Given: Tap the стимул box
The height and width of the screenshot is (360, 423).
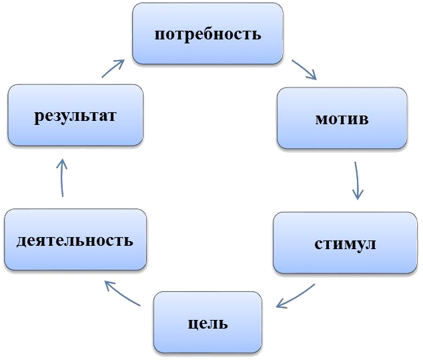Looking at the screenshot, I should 345,243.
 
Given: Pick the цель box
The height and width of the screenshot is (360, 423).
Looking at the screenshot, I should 207,324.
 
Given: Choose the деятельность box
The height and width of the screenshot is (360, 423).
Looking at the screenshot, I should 75,240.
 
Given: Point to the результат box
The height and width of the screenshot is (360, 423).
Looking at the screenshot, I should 75,116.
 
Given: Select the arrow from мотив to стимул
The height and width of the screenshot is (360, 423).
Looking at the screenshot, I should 358,180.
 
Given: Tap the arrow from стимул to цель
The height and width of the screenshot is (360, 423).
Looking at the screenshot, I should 295,297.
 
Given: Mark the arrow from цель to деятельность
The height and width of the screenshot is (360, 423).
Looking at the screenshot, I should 123,294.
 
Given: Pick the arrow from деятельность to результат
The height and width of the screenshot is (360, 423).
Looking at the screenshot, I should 62,177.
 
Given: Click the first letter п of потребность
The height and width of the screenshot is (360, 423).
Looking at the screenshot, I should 159,35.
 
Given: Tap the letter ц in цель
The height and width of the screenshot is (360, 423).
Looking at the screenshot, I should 189,325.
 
